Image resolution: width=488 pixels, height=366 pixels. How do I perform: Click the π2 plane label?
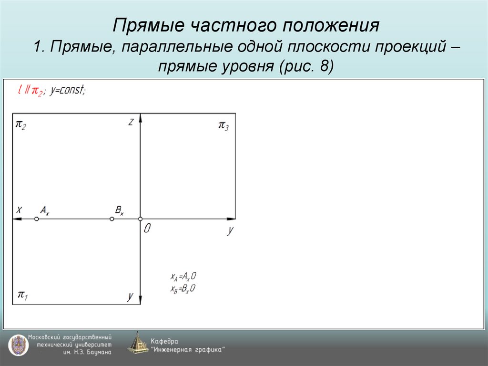pos(21,125)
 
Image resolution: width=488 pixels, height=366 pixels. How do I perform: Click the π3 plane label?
pos(224,125)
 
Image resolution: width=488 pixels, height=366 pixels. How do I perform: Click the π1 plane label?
pos(22,295)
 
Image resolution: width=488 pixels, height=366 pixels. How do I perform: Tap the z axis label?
pos(131,123)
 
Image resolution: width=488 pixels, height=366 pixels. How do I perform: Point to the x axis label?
pos(19,209)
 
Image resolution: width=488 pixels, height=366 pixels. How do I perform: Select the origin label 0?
pos(147,229)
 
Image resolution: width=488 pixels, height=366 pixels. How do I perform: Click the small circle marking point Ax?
pos(36,219)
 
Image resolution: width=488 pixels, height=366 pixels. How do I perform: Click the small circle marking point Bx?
pos(112,219)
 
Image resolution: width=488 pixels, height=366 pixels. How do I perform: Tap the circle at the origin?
pos(140,219)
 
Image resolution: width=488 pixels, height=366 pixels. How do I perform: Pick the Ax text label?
pos(44,210)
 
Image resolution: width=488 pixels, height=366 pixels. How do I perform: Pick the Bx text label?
pos(119,210)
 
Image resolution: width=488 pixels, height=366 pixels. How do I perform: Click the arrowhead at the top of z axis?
pos(140,118)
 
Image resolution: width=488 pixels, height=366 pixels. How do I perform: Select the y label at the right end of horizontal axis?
pos(231,230)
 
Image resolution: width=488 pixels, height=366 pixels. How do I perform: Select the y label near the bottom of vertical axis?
pos(130,296)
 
